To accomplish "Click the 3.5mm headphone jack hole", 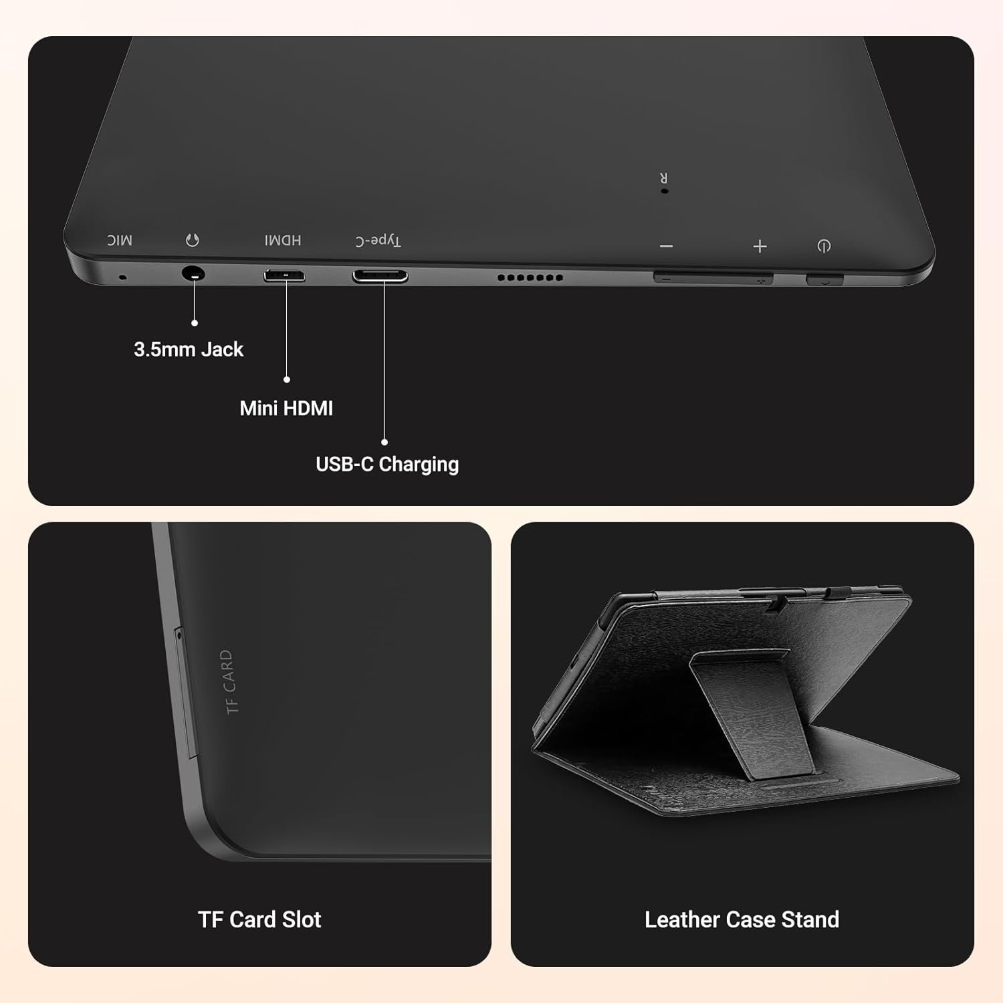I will click(x=193, y=274).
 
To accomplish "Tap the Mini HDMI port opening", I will click(x=284, y=275).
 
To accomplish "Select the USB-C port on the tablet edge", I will click(x=380, y=275).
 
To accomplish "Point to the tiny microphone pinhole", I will click(x=122, y=277).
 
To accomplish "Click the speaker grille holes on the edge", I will click(x=530, y=277).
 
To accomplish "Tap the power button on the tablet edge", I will click(x=824, y=280).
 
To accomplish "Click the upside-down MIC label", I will click(x=120, y=240).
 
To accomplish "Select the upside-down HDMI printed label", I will click(x=283, y=240).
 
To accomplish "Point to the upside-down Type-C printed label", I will click(x=378, y=241).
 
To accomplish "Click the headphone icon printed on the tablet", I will click(x=193, y=240).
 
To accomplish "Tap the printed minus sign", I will click(x=666, y=247).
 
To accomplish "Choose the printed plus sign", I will click(x=760, y=247).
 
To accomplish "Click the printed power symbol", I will click(x=824, y=247).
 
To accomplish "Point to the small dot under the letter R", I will click(x=664, y=191).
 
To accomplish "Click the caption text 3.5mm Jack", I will click(x=189, y=350).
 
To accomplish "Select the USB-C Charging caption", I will click(x=387, y=464).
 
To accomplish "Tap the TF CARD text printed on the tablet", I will click(x=229, y=681).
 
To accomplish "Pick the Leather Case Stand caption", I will click(x=742, y=920).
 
